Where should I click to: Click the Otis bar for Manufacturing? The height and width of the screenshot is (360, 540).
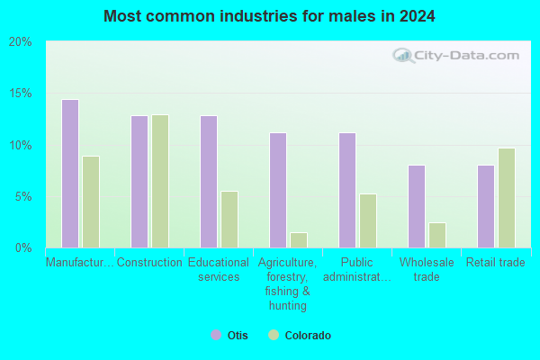pos(70,174)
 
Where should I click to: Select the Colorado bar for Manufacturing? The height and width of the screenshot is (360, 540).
pos(91,202)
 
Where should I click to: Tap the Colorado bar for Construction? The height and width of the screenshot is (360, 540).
pos(160,181)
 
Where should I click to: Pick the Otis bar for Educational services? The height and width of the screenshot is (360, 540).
pos(209,182)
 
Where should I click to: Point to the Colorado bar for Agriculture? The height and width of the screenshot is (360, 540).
pos(299,240)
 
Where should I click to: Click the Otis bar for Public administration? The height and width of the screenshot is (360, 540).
pos(347,190)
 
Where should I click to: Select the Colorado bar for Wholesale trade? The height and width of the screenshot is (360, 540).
pos(437,235)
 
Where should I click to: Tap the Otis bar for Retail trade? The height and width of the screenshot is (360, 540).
pos(486,206)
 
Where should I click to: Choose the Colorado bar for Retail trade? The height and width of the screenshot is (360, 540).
pos(507,198)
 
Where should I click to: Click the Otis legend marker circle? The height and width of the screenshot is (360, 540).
pos(216,335)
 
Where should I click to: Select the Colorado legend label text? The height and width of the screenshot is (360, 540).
pos(308,335)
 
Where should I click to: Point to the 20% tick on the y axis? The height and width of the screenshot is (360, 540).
pos(21,42)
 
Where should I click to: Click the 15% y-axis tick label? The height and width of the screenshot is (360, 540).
pos(21,93)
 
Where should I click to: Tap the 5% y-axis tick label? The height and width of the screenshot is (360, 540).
pos(23,197)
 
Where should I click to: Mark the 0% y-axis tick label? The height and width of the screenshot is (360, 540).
pos(23,247)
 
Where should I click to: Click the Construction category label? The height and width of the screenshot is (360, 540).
pos(149,263)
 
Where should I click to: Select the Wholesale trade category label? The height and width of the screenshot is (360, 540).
pos(427,269)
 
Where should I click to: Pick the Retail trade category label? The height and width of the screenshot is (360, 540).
pos(496,263)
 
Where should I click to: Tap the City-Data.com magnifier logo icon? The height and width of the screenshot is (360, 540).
pos(403,56)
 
